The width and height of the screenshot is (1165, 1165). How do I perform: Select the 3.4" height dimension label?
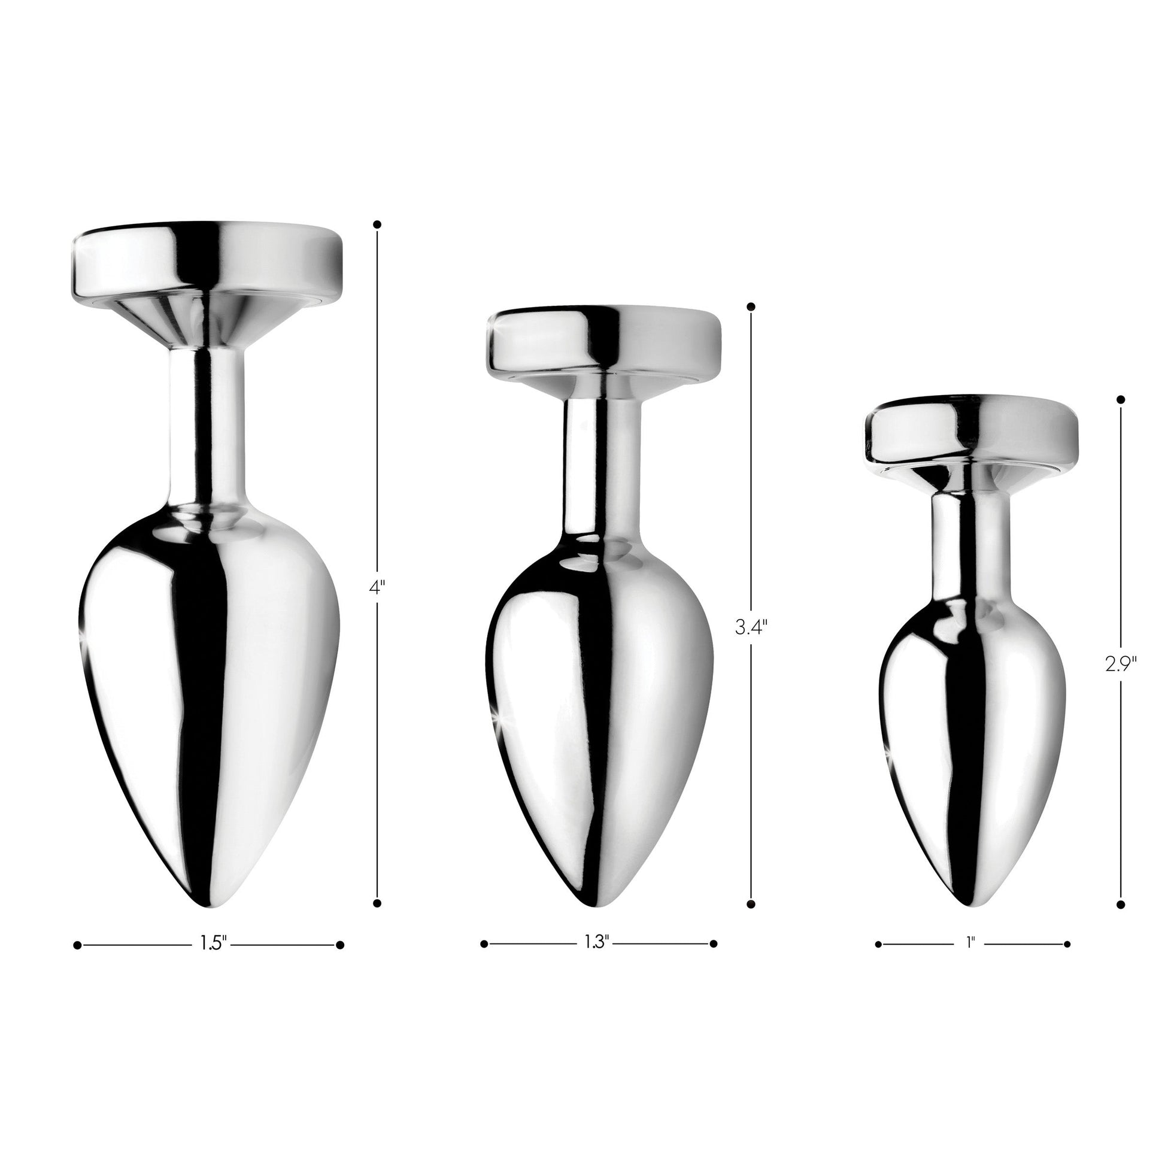(x=751, y=629)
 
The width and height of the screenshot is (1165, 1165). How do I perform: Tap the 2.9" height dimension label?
(x=1121, y=664)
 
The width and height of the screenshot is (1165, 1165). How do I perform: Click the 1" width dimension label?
(x=971, y=943)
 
